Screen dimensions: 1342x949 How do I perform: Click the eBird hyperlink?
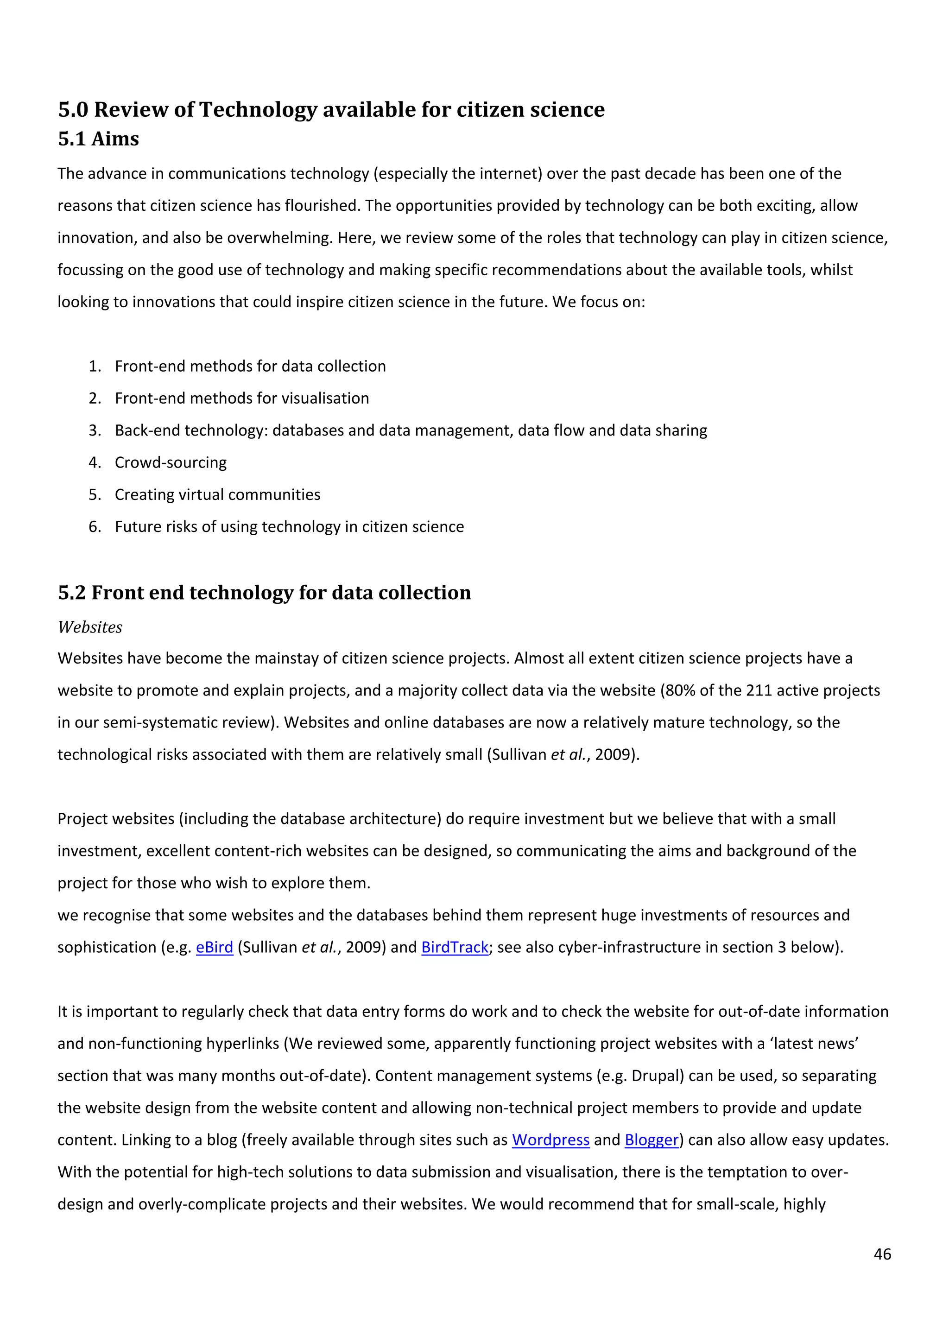pyautogui.click(x=214, y=947)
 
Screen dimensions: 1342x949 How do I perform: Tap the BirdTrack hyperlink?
pyautogui.click(x=455, y=947)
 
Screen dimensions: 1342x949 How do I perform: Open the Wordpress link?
pyautogui.click(x=550, y=1140)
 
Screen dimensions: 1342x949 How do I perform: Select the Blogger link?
pyautogui.click(x=652, y=1140)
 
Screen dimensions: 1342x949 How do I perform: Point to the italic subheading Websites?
pyautogui.click(x=90, y=627)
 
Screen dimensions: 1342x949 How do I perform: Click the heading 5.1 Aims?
pyautogui.click(x=98, y=139)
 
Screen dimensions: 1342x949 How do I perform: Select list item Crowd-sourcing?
pyautogui.click(x=171, y=462)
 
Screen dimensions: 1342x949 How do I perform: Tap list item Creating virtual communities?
pyautogui.click(x=217, y=494)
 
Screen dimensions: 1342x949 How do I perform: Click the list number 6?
pyautogui.click(x=94, y=526)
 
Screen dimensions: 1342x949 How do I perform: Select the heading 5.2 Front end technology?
pyautogui.click(x=264, y=593)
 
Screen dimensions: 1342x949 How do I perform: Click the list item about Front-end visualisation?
pyautogui.click(x=242, y=398)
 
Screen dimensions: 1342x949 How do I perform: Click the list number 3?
pyautogui.click(x=94, y=430)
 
